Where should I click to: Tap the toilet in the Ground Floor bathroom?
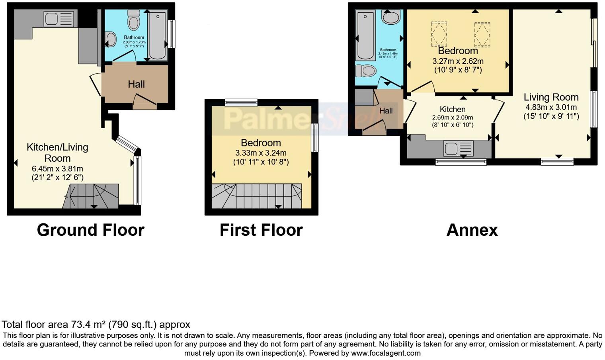(133, 20)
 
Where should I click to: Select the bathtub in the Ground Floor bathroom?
(158, 35)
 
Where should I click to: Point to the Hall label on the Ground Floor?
(136, 84)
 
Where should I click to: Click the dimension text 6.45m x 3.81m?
(58, 169)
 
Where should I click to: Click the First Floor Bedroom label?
(261, 143)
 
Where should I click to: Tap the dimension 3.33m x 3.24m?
(261, 153)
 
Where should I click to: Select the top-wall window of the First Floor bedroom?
(241, 102)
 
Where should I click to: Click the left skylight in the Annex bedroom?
(439, 33)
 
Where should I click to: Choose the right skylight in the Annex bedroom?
(482, 34)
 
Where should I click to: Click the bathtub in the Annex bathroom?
(365, 35)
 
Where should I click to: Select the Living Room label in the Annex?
(551, 97)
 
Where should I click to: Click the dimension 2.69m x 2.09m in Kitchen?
(453, 117)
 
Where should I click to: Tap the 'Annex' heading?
(472, 230)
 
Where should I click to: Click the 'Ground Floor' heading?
(90, 230)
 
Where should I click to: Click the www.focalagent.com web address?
(386, 353)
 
